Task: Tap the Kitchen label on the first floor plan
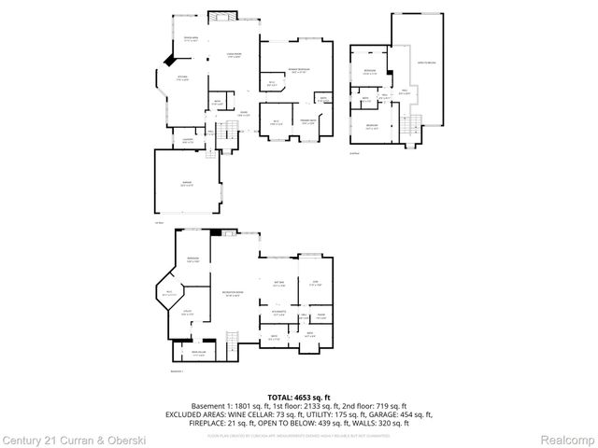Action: (183, 78)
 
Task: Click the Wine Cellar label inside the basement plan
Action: (198, 353)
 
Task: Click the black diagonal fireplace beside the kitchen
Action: (168, 59)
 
